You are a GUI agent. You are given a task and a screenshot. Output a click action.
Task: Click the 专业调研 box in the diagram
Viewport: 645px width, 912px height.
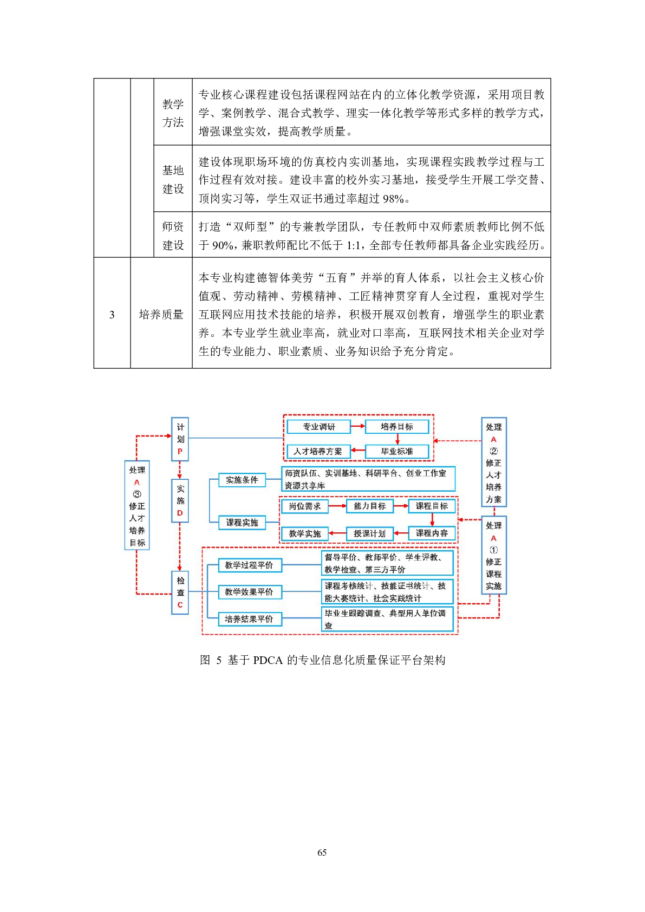[x=318, y=427]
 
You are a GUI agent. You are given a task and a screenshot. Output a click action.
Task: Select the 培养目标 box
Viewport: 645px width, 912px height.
[x=397, y=427]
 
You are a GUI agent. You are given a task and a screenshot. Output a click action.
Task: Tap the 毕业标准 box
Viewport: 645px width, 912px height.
[x=397, y=451]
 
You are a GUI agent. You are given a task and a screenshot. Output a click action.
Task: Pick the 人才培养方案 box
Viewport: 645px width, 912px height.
[x=318, y=451]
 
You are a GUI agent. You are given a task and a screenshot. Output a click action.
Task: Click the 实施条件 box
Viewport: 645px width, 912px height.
[x=242, y=480]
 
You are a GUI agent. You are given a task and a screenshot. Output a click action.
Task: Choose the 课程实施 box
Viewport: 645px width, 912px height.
[x=242, y=523]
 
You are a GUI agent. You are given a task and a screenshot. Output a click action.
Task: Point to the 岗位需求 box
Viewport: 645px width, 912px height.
[x=304, y=506]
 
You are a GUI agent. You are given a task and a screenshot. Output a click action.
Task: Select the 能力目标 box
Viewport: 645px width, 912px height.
[x=369, y=506]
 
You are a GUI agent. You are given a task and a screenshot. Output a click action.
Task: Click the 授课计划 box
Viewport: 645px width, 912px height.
[x=369, y=533]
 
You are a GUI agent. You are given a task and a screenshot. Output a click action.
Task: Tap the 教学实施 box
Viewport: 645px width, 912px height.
[x=304, y=533]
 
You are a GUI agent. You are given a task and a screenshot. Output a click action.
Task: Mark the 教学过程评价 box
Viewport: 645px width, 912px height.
[x=249, y=565]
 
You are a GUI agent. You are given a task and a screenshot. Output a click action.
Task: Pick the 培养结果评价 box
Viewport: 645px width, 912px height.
[x=249, y=619]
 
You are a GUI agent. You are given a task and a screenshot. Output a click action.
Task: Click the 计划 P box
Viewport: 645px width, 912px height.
[x=180, y=439]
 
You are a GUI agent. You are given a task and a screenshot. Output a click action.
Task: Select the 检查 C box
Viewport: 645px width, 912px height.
[x=180, y=592]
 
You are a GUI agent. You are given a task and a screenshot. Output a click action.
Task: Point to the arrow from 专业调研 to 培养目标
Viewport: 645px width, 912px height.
[x=358, y=427]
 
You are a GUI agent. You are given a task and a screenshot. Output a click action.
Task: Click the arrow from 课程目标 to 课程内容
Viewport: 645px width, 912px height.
[x=432, y=519]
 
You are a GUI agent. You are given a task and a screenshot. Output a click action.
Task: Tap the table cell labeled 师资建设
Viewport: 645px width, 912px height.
[x=173, y=235]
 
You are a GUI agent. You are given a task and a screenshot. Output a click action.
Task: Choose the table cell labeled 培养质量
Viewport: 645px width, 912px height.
[x=161, y=314]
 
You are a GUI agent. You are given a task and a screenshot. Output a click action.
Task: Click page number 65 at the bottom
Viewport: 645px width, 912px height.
[x=322, y=852]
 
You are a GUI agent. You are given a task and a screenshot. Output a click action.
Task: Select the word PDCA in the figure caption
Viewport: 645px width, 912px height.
[x=268, y=660]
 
